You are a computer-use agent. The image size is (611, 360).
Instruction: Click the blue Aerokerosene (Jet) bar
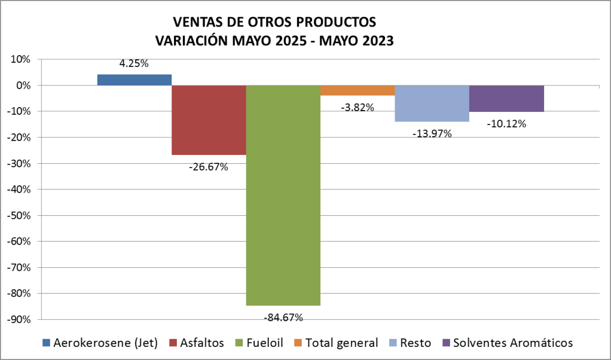(x=135, y=80)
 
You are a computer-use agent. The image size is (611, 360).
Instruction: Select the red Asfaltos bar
(x=209, y=120)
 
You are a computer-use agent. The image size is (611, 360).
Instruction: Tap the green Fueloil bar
(x=283, y=195)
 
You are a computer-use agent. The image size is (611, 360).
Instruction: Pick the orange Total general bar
(x=358, y=90)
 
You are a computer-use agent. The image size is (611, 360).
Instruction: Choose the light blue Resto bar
(x=432, y=103)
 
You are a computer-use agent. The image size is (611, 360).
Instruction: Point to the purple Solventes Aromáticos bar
(x=506, y=99)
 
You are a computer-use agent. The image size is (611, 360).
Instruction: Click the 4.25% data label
(x=134, y=63)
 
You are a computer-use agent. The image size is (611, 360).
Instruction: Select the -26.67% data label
(x=208, y=167)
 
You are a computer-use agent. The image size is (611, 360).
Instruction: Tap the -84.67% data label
(x=283, y=317)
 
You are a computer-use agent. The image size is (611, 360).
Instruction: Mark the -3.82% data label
(x=358, y=108)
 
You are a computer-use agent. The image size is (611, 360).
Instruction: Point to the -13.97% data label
(x=432, y=133)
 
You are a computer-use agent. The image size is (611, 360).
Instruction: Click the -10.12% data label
(x=506, y=124)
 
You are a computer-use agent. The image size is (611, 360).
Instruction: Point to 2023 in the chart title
(x=377, y=41)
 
